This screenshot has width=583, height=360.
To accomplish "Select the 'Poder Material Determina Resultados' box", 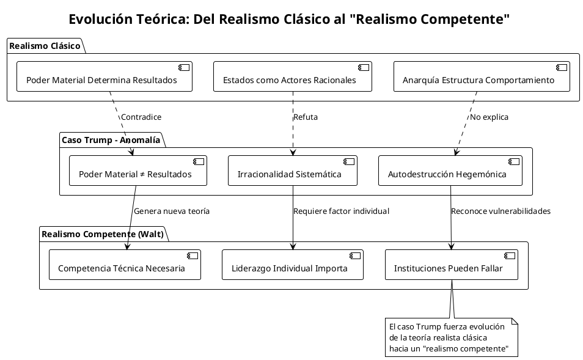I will coord(105,77).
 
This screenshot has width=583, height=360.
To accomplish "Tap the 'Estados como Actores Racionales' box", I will coord(292,77).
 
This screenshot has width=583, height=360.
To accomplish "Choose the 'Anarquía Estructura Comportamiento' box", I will coord(482,77).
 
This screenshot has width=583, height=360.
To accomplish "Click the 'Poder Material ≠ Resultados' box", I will coord(137,171).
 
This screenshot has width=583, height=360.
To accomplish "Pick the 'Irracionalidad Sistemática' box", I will coord(292,171).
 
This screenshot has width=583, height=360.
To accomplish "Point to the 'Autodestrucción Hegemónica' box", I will coord(450,171).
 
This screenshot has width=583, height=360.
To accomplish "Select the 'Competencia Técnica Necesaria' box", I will coord(125,265).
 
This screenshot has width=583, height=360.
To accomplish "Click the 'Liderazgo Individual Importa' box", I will coord(292,265).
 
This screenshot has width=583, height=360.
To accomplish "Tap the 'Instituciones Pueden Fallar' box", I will coord(451,265).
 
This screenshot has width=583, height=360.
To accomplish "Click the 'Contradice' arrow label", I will coord(141,117).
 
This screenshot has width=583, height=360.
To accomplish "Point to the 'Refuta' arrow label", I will coord(306,117).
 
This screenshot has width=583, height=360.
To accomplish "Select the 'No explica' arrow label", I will coord(488,117).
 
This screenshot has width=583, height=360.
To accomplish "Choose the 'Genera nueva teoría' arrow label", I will coord(171,211).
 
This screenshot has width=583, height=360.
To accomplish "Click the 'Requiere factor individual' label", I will coord(341,211).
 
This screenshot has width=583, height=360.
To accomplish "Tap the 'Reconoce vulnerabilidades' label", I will coord(501,211).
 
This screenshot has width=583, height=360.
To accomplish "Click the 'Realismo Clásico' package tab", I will coord(44,46).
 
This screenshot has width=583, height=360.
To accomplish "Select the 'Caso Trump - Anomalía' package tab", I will coord(111,141).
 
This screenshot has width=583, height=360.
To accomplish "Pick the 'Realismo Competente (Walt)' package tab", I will coord(101,235).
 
